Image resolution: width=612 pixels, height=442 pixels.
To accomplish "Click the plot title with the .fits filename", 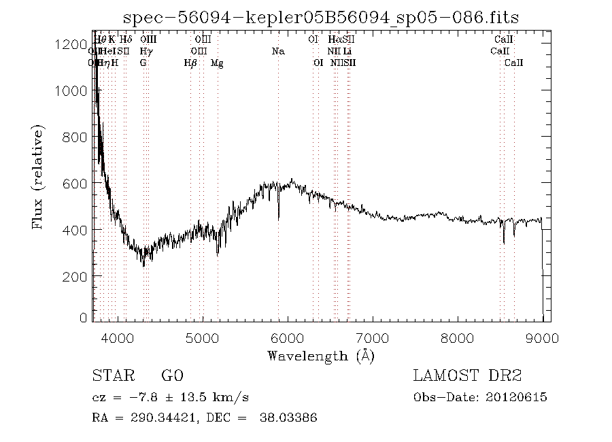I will tap(319, 17).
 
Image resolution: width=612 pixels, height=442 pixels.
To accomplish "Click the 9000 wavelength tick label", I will tap(543, 338).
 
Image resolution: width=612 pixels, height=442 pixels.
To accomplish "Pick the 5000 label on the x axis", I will tap(203, 338).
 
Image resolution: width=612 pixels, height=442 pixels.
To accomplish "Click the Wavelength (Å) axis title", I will tap(321, 356).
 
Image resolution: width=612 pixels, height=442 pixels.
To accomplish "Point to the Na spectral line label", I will tap(277, 51).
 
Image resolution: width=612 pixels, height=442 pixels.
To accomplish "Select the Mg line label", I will tap(217, 63).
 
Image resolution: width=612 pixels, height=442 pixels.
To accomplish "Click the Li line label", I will tap(347, 51).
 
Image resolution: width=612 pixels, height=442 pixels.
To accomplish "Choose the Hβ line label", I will tap(190, 63).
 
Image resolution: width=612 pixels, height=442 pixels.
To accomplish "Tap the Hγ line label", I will tap(146, 51).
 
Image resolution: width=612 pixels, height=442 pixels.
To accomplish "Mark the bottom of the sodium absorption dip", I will tap(278, 219).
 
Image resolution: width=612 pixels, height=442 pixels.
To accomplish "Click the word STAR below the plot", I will tap(111, 376).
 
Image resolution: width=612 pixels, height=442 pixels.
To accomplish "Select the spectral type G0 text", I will tap(172, 376).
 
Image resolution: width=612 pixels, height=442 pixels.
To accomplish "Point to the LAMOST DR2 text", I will tap(467, 376).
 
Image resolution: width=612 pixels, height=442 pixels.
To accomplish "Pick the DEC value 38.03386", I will tap(288, 418).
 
